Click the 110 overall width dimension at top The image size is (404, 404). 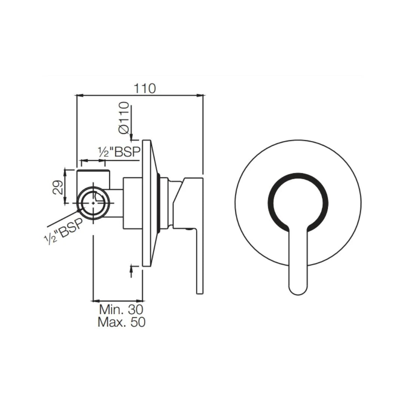tap(145, 89)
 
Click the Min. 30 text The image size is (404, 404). tap(121, 309)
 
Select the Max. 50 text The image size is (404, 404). tap(121, 322)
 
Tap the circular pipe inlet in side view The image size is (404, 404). tap(94, 202)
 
